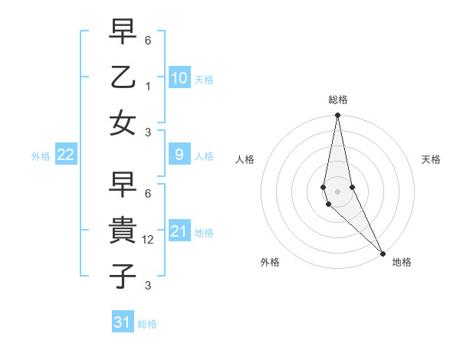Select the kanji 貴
(x=123, y=230)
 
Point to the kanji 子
(x=123, y=274)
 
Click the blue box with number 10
(x=179, y=77)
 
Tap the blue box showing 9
(x=179, y=155)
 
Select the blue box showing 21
(x=179, y=231)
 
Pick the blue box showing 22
(x=65, y=155)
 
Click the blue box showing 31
(x=122, y=322)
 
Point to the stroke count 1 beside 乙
(x=148, y=87)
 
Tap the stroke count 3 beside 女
(x=148, y=133)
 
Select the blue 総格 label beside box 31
(x=147, y=324)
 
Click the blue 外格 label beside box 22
(x=41, y=156)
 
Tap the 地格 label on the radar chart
(x=402, y=262)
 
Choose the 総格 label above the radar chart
(x=338, y=100)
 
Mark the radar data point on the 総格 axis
(x=337, y=116)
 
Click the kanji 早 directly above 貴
(x=123, y=185)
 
